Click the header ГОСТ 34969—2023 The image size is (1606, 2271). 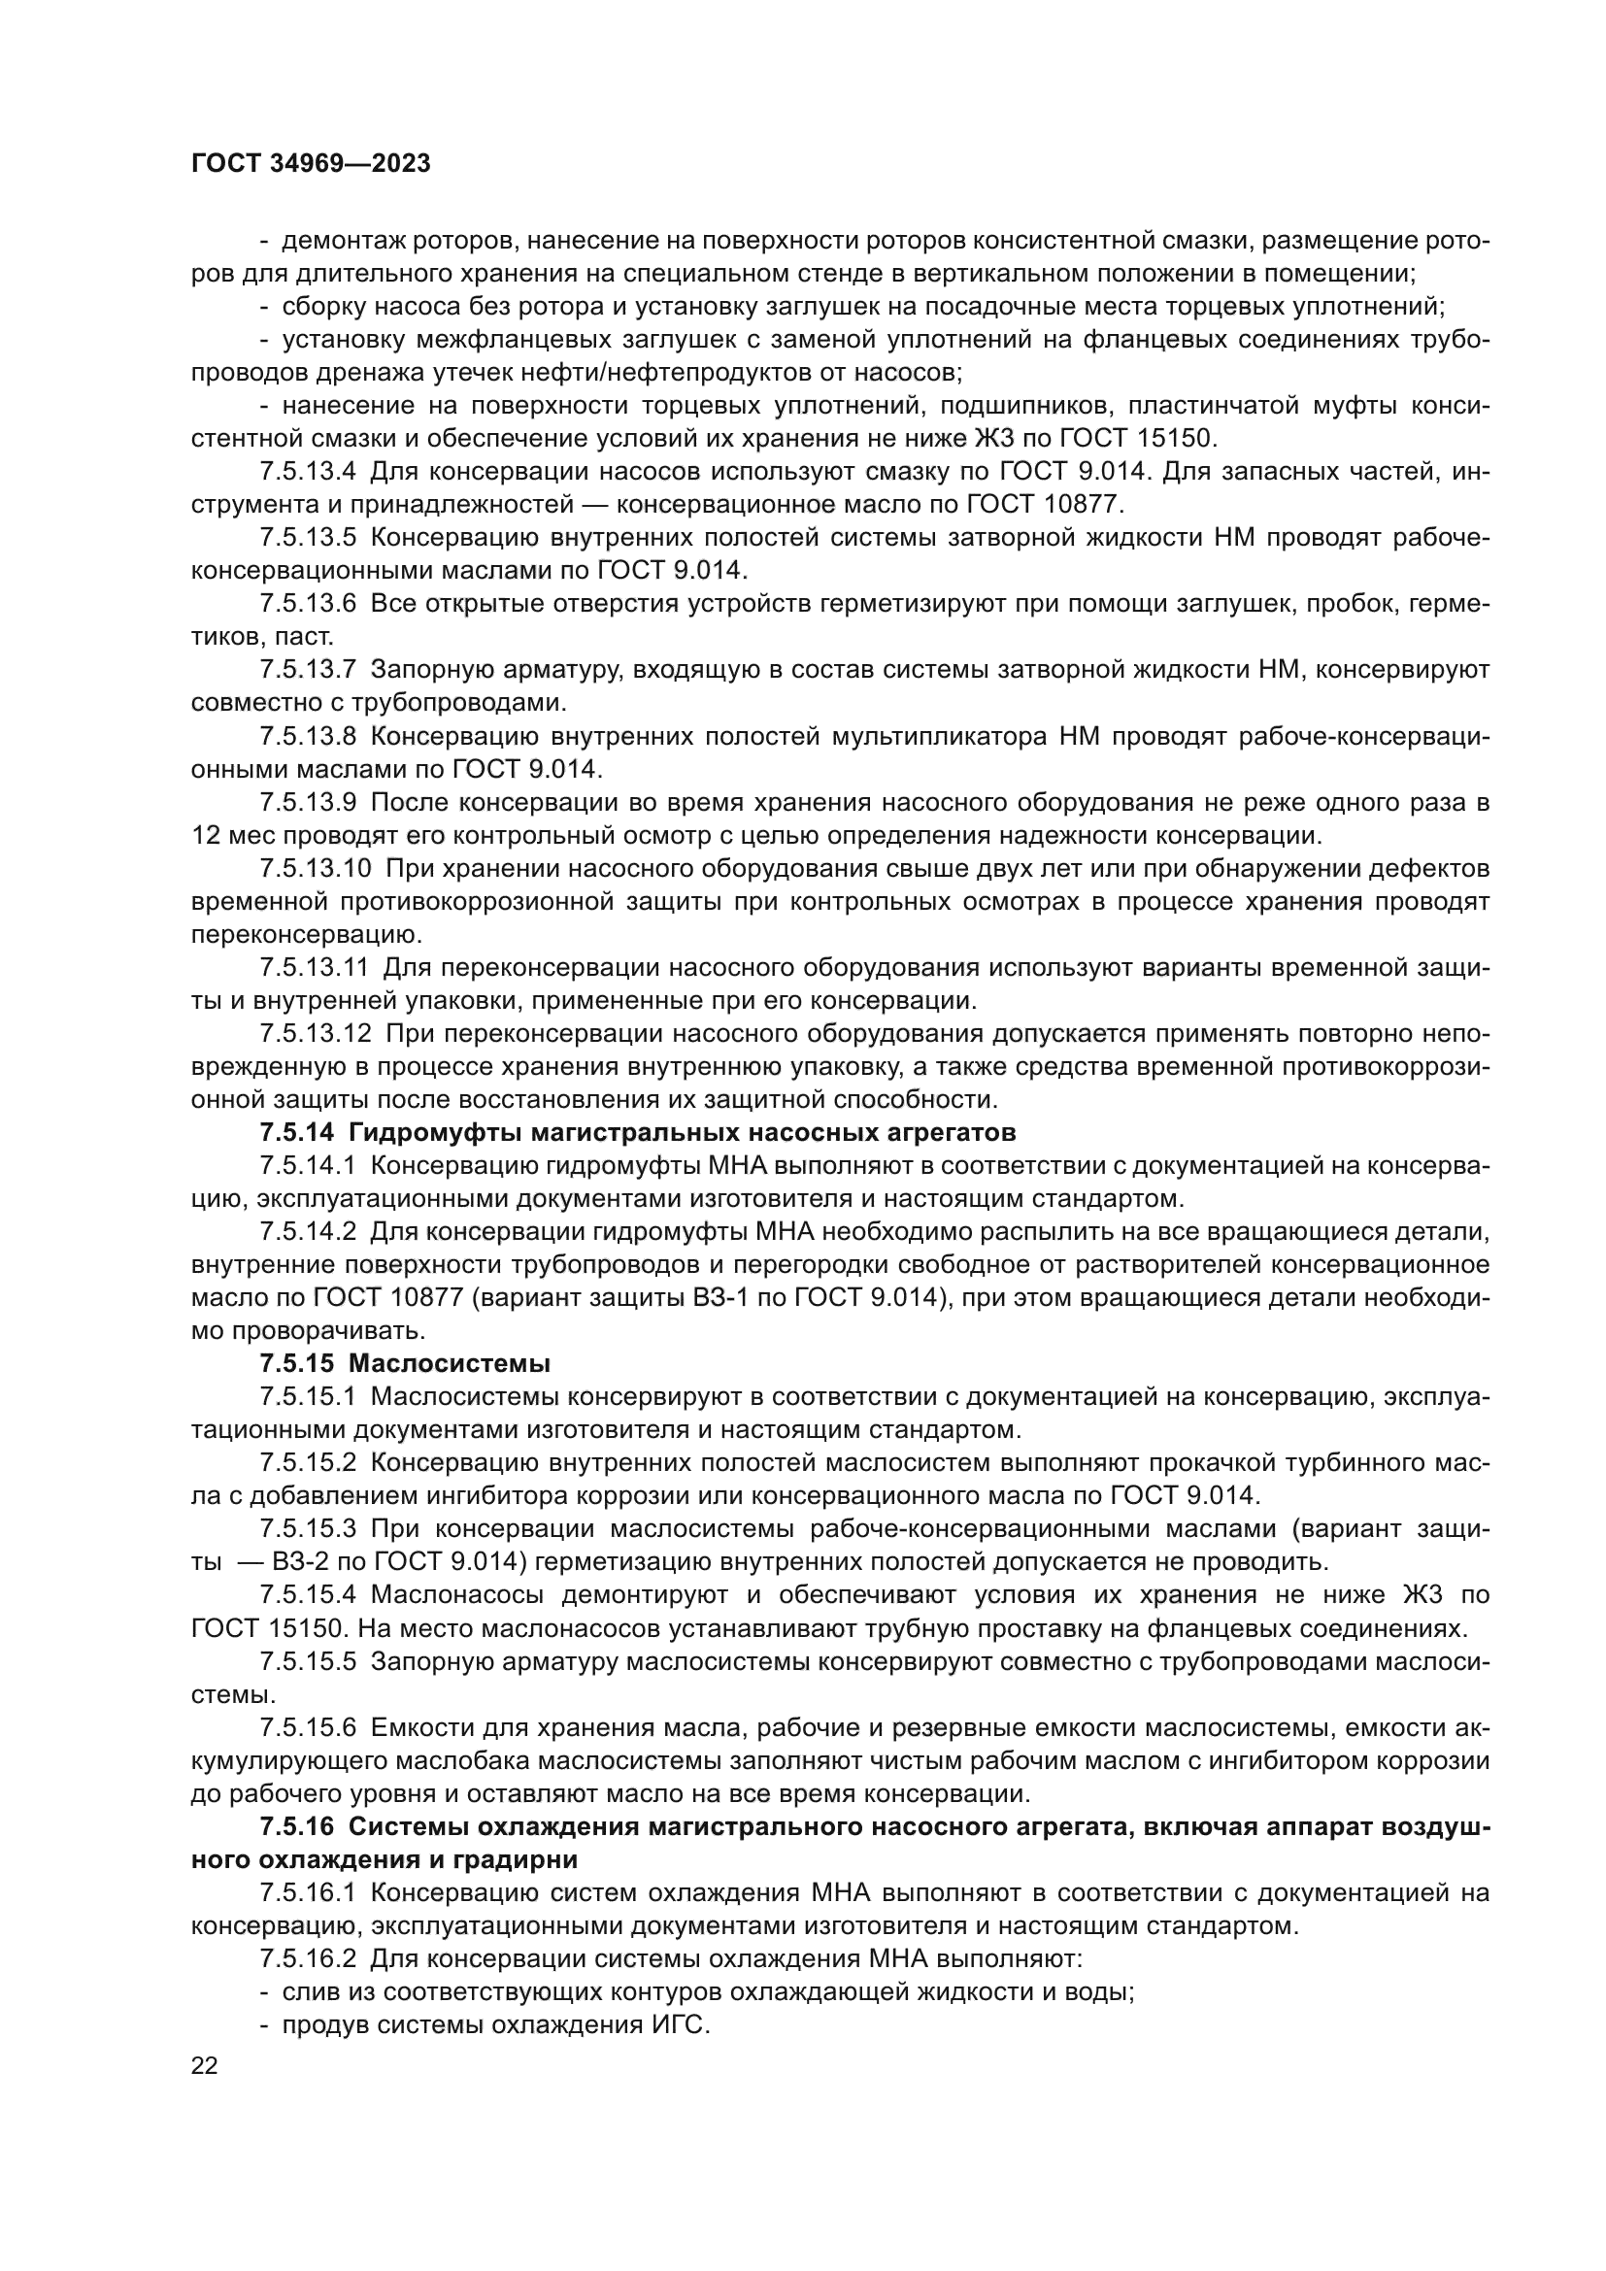click(x=311, y=164)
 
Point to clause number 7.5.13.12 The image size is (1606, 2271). click(x=316, y=1034)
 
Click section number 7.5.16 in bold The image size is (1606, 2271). click(x=298, y=1827)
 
